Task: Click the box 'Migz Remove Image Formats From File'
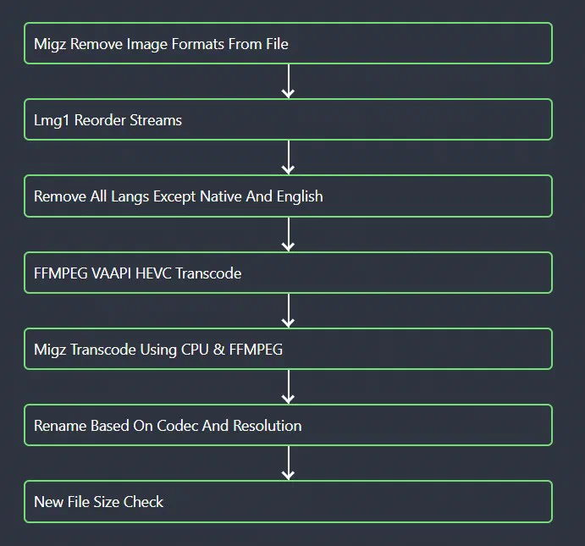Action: click(288, 43)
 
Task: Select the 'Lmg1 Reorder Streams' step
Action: click(288, 119)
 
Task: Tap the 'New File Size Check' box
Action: click(288, 501)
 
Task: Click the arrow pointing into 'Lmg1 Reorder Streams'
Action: click(288, 81)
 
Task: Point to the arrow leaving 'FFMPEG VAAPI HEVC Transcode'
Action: click(288, 311)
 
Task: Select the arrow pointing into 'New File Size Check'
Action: click(288, 463)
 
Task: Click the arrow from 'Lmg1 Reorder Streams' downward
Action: click(288, 157)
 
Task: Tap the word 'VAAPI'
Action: click(111, 273)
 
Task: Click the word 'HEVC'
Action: click(154, 273)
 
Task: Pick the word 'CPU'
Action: click(195, 350)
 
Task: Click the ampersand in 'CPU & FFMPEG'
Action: click(218, 350)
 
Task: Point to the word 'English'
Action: click(300, 196)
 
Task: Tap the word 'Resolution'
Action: click(268, 426)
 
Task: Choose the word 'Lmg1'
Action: click(52, 120)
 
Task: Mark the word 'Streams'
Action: click(156, 120)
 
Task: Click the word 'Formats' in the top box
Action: click(197, 44)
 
